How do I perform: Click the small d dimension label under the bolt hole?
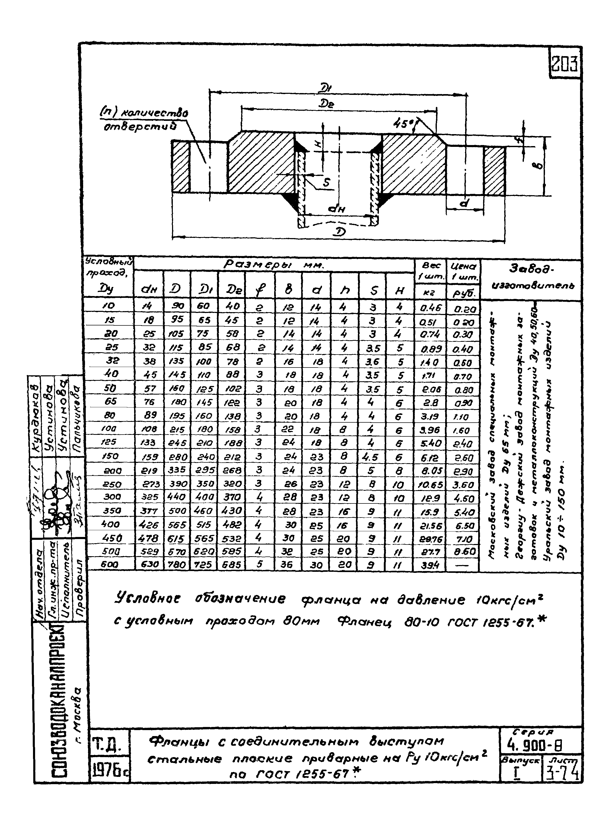(464, 202)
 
